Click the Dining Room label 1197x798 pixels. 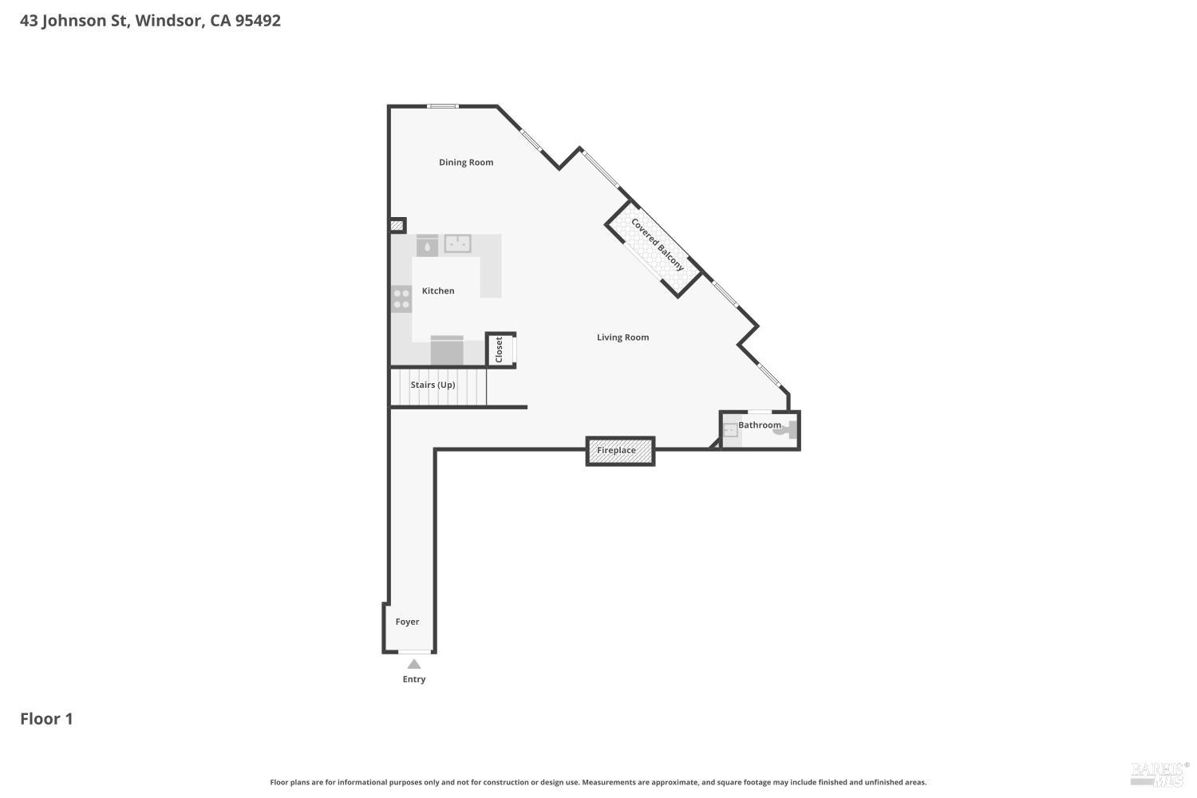(466, 162)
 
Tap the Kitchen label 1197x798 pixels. (438, 290)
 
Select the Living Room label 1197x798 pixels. (622, 337)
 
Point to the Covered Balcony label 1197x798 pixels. (658, 244)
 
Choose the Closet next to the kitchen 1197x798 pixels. (500, 350)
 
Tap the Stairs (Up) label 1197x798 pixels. (433, 385)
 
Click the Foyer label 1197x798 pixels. (407, 622)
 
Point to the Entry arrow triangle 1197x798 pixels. (414, 664)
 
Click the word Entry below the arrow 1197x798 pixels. (414, 679)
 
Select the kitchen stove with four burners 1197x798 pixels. (401, 299)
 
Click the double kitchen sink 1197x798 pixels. (457, 243)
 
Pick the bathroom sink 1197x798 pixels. (730, 431)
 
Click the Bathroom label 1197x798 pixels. (760, 425)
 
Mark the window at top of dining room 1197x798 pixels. (442, 106)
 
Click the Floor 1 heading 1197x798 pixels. (46, 719)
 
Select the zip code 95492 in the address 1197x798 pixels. (258, 21)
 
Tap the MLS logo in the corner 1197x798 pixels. (1158, 772)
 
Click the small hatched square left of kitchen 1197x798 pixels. (397, 226)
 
